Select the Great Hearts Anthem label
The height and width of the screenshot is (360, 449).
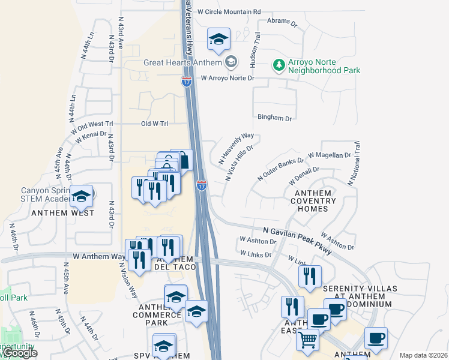tap(182, 62)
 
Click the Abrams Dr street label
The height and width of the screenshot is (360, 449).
tap(282, 23)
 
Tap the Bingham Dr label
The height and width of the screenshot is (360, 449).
tap(274, 118)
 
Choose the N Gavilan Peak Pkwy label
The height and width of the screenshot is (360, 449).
tap(298, 239)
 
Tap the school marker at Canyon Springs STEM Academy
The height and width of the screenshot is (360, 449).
tap(81, 196)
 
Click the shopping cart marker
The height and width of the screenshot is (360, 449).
tap(307, 340)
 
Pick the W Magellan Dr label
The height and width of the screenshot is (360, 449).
tap(329, 155)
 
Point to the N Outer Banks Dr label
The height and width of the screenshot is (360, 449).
tap(280, 170)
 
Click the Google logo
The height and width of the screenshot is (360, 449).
tap(20, 353)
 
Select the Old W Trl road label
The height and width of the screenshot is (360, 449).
tap(155, 124)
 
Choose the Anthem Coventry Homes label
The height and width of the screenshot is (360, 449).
tap(313, 200)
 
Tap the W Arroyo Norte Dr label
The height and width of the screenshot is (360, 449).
tap(228, 78)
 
